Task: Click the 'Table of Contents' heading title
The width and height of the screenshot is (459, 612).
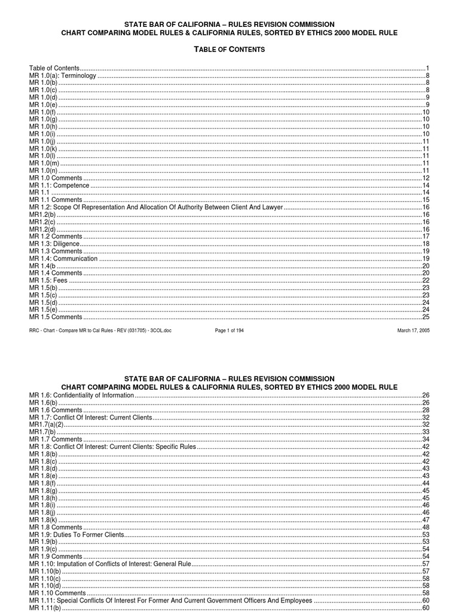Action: (x=229, y=49)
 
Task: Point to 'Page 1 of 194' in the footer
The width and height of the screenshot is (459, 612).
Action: (x=229, y=331)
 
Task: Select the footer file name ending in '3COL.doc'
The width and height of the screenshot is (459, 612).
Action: (x=100, y=331)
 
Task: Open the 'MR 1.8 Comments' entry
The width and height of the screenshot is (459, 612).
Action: (x=56, y=527)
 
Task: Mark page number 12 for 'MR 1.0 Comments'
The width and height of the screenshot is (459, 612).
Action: (x=426, y=179)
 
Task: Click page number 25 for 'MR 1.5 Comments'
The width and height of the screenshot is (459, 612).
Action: (x=426, y=317)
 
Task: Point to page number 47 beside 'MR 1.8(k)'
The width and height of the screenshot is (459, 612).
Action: (x=426, y=520)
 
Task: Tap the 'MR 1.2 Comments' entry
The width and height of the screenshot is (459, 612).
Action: (x=56, y=237)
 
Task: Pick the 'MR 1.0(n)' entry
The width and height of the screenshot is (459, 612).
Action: (x=43, y=171)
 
